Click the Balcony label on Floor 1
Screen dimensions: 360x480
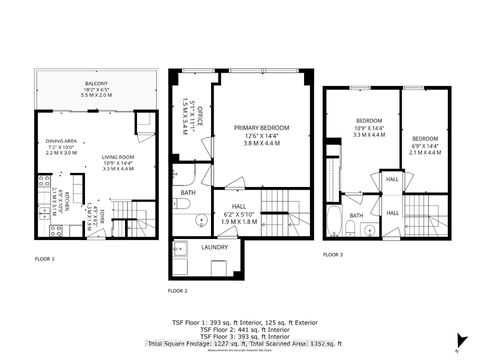(97, 89)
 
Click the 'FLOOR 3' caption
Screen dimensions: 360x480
(333, 255)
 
